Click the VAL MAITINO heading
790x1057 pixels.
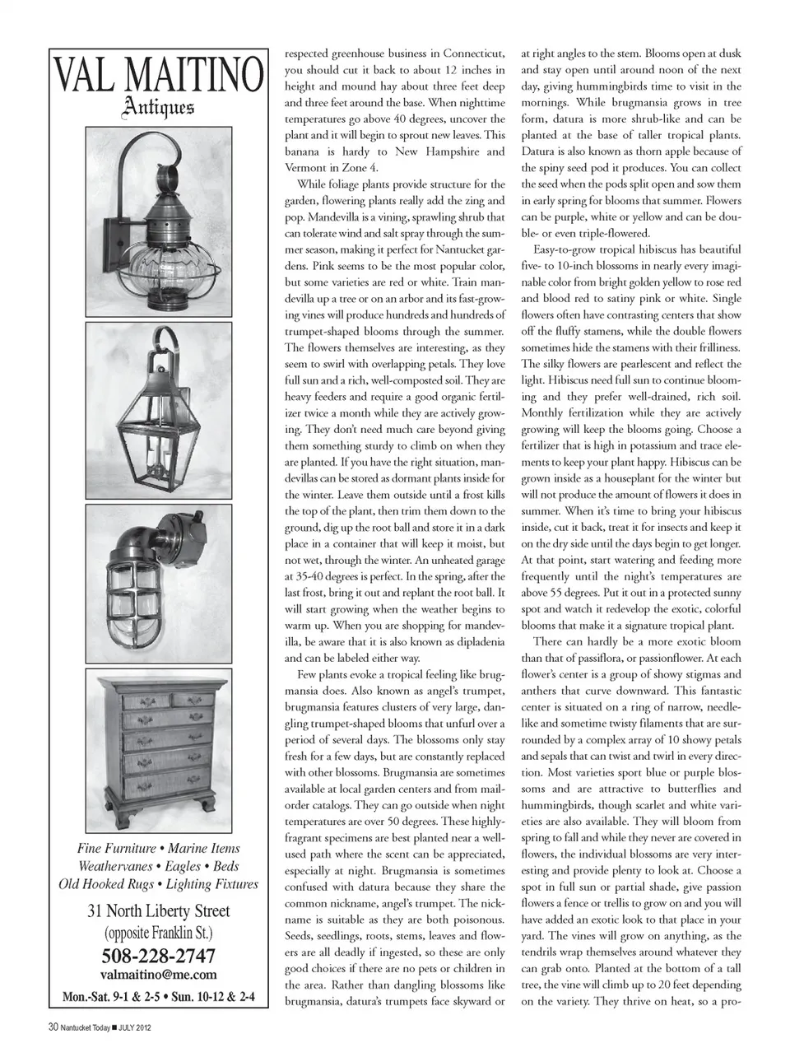pos(159,77)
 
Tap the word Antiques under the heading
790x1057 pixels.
pos(158,107)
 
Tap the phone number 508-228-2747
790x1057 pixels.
pos(158,956)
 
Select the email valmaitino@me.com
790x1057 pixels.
pos(158,976)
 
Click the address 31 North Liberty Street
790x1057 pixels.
pos(158,911)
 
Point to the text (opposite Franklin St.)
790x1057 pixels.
pos(158,934)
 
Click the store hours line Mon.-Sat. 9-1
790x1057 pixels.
pos(119,997)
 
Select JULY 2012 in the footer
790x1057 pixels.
pos(135,1027)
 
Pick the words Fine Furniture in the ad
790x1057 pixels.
pos(116,848)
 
